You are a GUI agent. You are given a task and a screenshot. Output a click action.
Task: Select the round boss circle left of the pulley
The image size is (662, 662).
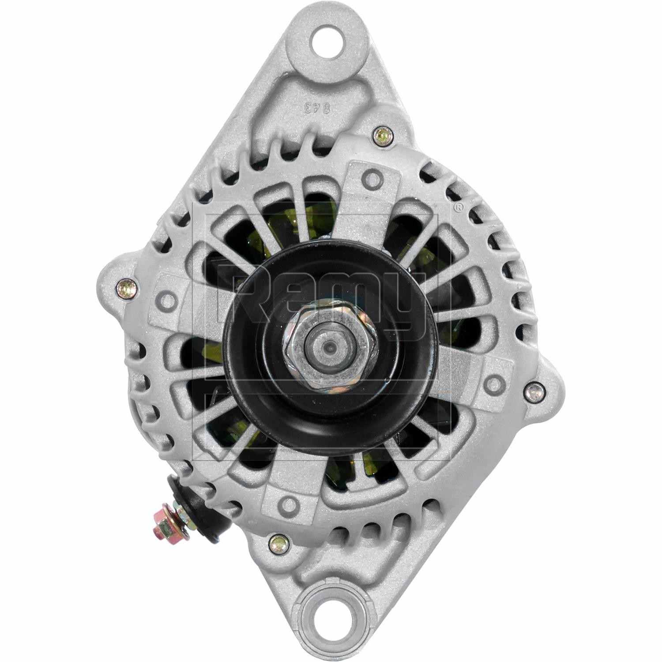(168, 301)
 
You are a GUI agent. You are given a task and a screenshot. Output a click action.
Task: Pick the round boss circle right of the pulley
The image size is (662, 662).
(495, 380)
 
